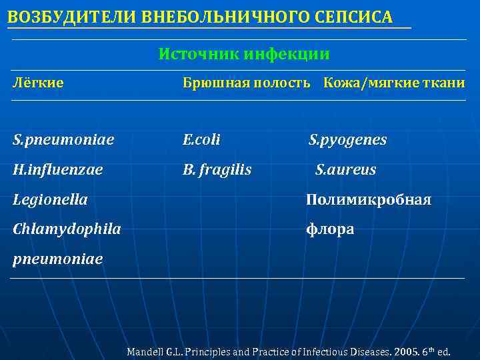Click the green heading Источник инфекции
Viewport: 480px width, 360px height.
point(244,54)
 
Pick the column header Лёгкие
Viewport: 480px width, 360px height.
point(39,83)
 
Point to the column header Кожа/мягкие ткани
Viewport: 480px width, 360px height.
point(394,83)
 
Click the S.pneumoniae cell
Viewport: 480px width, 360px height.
point(63,140)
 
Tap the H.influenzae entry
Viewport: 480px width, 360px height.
point(58,170)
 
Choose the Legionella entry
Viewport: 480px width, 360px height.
point(51,199)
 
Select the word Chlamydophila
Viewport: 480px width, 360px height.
point(67,229)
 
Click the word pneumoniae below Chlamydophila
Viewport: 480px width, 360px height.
point(58,259)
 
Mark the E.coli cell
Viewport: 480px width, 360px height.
point(201,140)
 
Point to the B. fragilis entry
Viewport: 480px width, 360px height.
point(217,170)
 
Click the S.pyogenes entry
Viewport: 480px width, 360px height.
point(347,140)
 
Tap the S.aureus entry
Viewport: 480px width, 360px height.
point(345,170)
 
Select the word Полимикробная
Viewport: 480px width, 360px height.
point(368,199)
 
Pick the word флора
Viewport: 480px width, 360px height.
point(330,229)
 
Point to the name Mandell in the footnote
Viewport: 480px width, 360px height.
point(145,351)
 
